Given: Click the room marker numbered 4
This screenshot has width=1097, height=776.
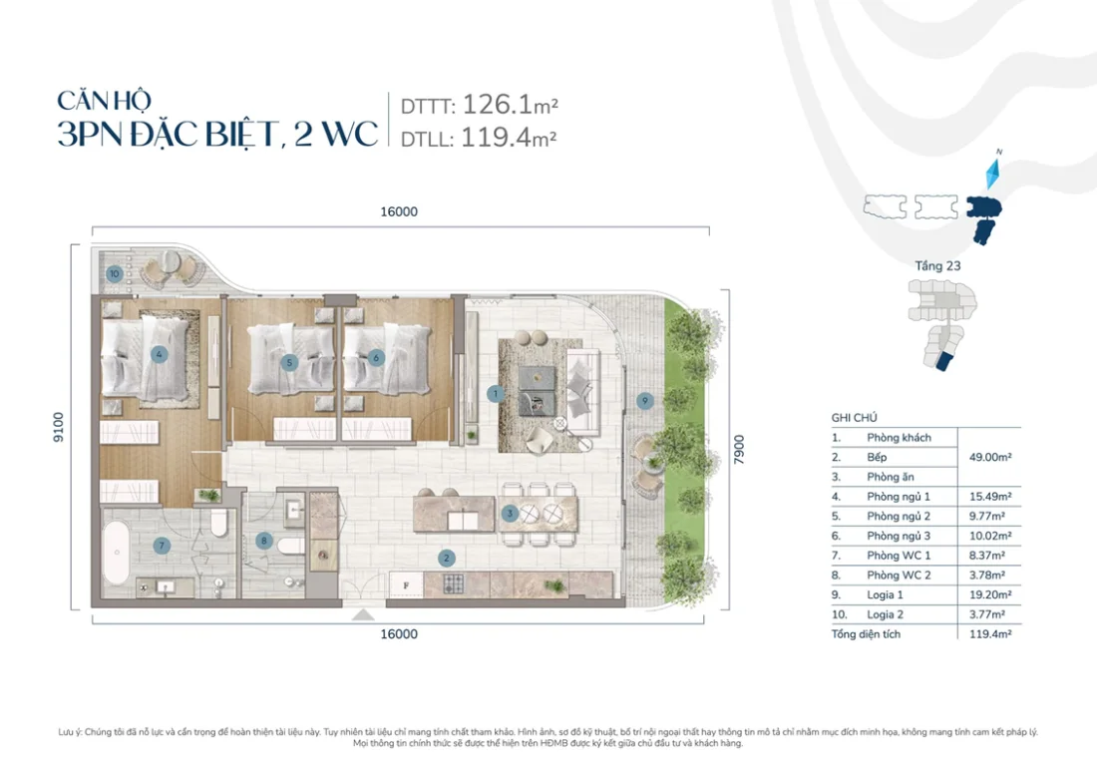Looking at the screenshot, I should point(158,353).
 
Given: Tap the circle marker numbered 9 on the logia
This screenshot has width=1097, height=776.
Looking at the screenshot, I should point(645,400).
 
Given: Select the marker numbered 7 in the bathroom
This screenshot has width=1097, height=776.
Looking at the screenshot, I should point(161,545).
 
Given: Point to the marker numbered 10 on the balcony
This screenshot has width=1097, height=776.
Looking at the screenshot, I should point(116,272).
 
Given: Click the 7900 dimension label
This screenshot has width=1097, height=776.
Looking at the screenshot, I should point(739,446).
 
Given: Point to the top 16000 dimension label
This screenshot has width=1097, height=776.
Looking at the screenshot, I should point(398,211).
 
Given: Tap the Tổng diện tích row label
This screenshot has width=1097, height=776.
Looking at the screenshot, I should point(866,633).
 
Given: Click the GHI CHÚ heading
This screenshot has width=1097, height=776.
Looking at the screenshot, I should point(854,418).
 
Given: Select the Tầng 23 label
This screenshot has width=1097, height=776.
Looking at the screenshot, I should point(938,266).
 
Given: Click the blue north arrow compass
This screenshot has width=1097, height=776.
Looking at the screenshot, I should point(991,175).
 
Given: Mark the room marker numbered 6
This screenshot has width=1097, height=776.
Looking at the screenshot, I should point(376,357).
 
